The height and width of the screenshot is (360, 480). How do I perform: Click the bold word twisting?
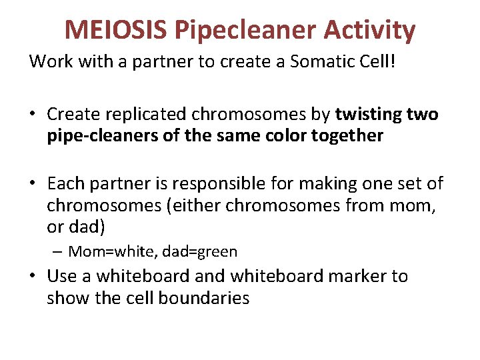370,115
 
